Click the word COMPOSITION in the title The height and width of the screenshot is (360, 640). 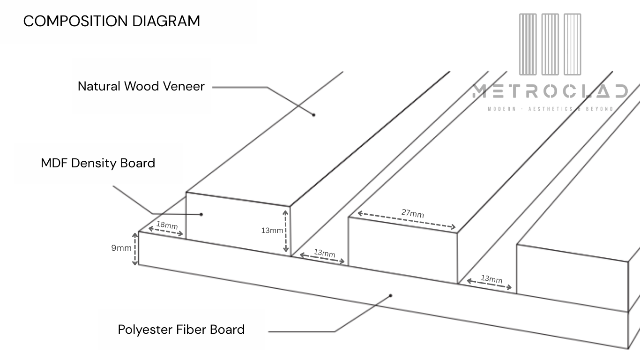click(x=75, y=21)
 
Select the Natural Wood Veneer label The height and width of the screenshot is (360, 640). click(x=141, y=86)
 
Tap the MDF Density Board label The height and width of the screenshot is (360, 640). click(x=98, y=163)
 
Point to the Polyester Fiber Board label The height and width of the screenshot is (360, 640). click(x=181, y=329)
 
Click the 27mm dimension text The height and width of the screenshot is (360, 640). click(x=412, y=213)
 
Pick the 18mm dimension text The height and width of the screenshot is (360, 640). click(x=167, y=225)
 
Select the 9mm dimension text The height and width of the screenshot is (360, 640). click(x=121, y=247)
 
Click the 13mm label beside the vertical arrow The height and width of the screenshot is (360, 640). click(x=272, y=230)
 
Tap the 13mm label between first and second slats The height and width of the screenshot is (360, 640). click(x=324, y=254)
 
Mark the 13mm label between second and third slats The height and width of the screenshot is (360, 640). click(x=491, y=279)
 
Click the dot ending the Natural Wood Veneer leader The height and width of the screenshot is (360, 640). click(x=313, y=114)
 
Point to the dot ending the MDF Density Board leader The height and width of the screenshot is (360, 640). click(x=201, y=214)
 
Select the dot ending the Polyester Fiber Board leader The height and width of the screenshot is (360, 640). click(x=390, y=295)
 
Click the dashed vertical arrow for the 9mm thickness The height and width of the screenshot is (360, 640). click(x=135, y=249)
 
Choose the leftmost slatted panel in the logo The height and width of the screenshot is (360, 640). click(x=528, y=45)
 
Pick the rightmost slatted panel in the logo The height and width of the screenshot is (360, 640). click(x=573, y=45)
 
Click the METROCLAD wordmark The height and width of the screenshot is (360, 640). click(x=550, y=91)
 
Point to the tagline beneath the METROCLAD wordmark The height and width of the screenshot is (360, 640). click(x=550, y=109)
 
